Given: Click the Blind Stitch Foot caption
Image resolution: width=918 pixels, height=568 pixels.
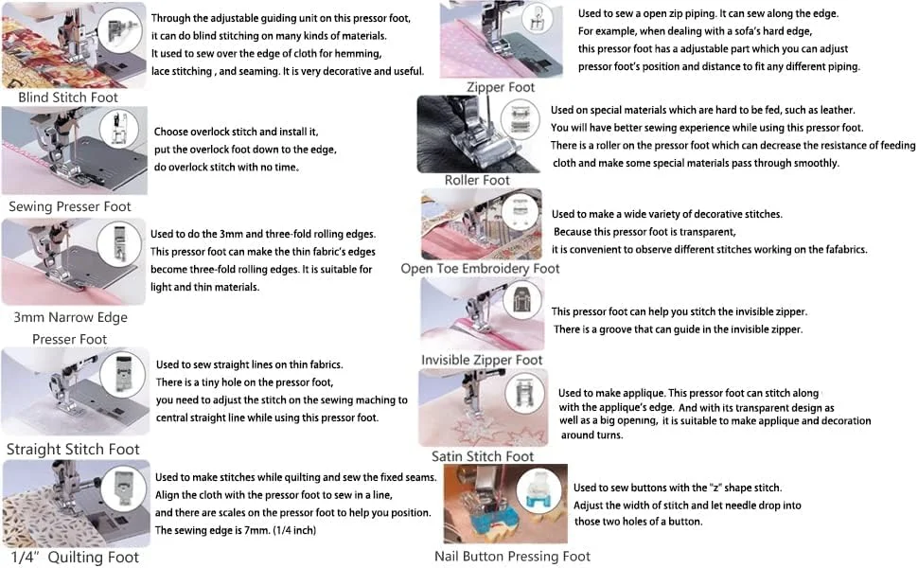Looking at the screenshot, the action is pyautogui.click(x=68, y=98).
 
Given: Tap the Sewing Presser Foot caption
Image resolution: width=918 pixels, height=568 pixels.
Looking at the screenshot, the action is pyautogui.click(x=70, y=206).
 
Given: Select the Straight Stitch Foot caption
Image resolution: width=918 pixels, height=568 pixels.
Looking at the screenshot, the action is pyautogui.click(x=73, y=449).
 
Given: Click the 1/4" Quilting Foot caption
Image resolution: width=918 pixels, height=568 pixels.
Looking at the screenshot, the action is pyautogui.click(x=75, y=557).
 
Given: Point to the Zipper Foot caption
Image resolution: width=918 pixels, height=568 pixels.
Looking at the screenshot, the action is pyautogui.click(x=501, y=87).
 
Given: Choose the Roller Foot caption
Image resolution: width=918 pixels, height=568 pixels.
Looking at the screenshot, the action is pyautogui.click(x=477, y=181).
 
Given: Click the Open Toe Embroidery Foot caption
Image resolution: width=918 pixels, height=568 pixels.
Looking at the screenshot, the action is pyautogui.click(x=480, y=268).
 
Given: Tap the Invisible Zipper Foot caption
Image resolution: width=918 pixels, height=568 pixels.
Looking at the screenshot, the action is pyautogui.click(x=482, y=360).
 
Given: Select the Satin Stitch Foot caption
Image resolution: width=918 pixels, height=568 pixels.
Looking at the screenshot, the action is pyautogui.click(x=483, y=456).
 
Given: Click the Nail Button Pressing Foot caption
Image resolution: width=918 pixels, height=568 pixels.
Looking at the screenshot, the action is pyautogui.click(x=512, y=557).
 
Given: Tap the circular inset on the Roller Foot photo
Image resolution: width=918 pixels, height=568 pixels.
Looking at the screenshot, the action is pyautogui.click(x=520, y=119).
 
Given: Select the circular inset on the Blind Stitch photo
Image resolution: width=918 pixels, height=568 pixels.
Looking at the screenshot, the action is pyautogui.click(x=119, y=28).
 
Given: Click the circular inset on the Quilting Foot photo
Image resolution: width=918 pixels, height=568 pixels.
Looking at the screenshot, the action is pyautogui.click(x=123, y=488).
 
